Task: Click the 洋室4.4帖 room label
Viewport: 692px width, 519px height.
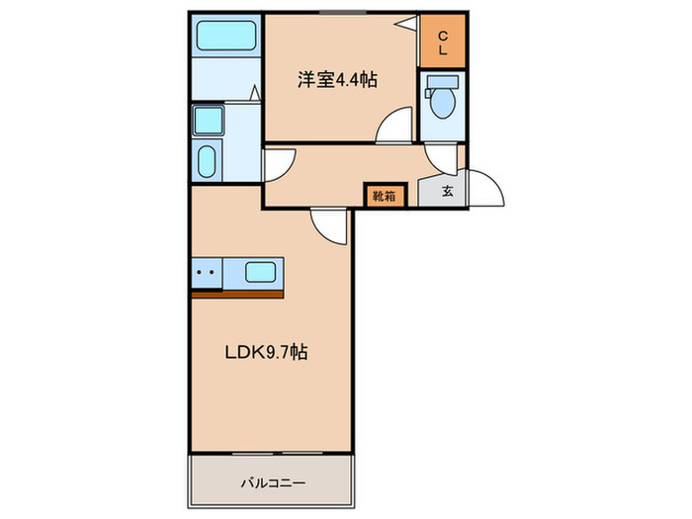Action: pyautogui.click(x=337, y=80)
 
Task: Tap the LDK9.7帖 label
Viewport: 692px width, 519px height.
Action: pyautogui.click(x=266, y=352)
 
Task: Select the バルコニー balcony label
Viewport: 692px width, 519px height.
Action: pyautogui.click(x=273, y=482)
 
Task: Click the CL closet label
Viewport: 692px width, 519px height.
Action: pyautogui.click(x=443, y=43)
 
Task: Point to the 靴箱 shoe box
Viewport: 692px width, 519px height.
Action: pyautogui.click(x=384, y=196)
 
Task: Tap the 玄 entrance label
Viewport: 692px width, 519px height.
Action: pyautogui.click(x=447, y=191)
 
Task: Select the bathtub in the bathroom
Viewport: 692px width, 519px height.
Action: pyautogui.click(x=226, y=36)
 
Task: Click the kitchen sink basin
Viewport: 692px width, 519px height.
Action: pyautogui.click(x=260, y=272)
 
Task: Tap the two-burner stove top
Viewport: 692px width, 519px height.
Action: pyautogui.click(x=207, y=273)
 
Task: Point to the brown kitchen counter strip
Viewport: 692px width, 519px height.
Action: pyautogui.click(x=237, y=295)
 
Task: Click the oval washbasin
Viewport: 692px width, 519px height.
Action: pyautogui.click(x=206, y=161)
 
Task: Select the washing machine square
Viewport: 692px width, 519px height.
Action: pyautogui.click(x=209, y=120)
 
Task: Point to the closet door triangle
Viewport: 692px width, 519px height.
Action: pyautogui.click(x=407, y=23)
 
